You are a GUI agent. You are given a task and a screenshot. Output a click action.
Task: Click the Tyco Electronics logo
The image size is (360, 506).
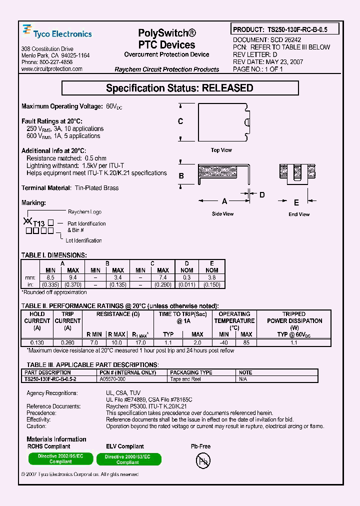pos(57,33)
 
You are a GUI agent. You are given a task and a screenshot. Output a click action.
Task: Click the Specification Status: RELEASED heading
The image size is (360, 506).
pos(179,88)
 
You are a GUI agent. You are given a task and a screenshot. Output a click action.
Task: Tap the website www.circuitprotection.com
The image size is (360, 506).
pos(47,69)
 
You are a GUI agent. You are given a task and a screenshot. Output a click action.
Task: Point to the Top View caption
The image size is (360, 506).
pos(221,150)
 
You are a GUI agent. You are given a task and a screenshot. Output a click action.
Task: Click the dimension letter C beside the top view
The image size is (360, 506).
pos(180,121)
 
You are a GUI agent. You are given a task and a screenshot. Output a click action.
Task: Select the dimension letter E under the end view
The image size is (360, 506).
pos(296,202)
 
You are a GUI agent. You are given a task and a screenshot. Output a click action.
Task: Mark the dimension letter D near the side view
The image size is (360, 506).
pos(261,194)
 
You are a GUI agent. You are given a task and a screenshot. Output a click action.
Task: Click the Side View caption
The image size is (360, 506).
pos(222,214)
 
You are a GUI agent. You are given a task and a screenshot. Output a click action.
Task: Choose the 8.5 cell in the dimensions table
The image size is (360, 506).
pos(50,277)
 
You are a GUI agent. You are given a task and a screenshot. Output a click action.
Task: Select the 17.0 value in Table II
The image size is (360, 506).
pos(140,342)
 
